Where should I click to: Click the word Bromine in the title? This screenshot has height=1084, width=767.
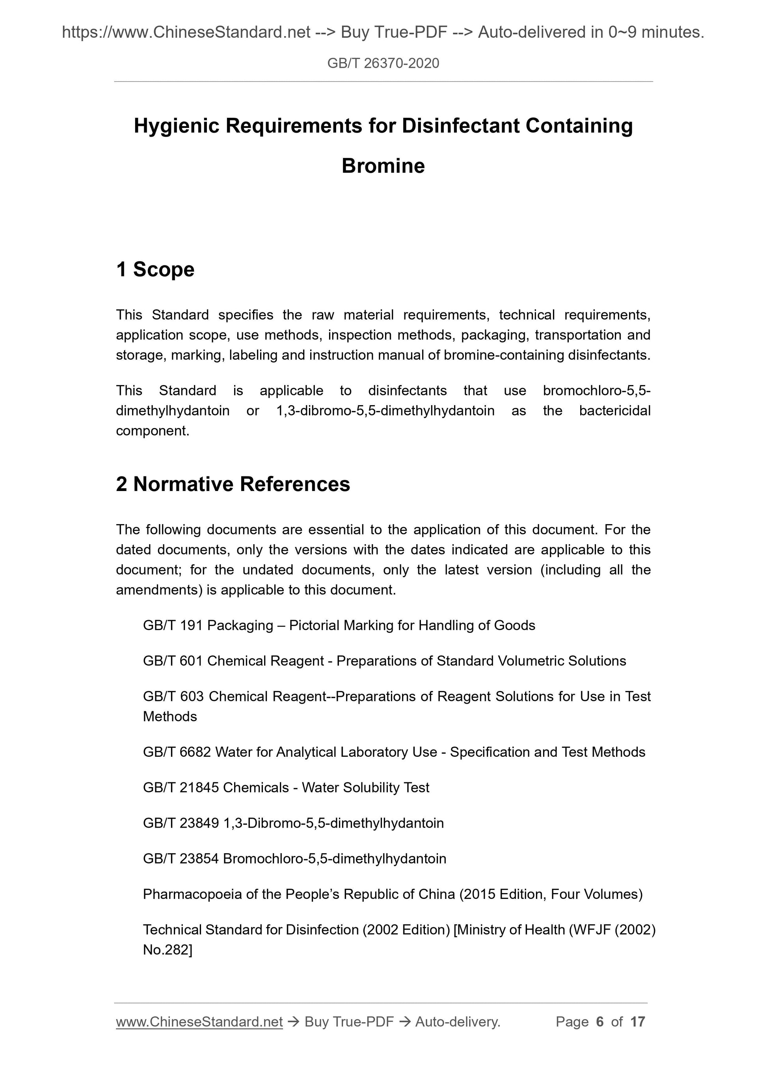[383, 166]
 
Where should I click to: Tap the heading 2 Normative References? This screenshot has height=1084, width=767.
[233, 484]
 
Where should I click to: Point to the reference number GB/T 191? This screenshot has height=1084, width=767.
[173, 625]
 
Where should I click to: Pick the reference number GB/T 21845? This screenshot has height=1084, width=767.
[181, 787]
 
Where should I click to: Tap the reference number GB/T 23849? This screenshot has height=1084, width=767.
[181, 823]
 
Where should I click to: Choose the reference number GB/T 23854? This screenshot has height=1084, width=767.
[181, 858]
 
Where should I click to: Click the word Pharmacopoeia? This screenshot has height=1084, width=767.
[194, 894]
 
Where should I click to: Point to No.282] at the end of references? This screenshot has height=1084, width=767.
[167, 949]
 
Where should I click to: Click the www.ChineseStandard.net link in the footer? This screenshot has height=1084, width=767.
[199, 1022]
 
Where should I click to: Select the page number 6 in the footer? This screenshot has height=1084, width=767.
[600, 1022]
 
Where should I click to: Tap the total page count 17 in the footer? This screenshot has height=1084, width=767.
[637, 1022]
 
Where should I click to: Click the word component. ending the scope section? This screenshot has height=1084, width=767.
[152, 431]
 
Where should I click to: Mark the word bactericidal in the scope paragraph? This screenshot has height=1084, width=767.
[614, 410]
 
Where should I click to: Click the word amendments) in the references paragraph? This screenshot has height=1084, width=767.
[159, 590]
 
